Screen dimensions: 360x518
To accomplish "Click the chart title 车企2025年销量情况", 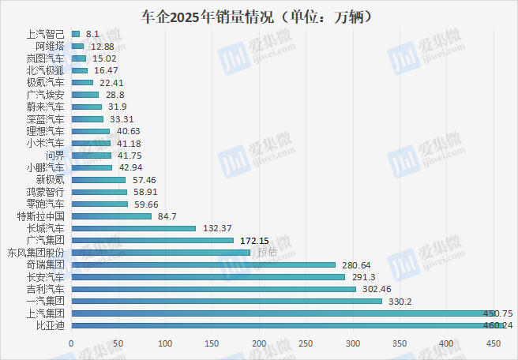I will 259,16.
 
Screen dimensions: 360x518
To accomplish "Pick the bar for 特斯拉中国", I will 111,216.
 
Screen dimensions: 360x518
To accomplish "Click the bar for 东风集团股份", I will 160,253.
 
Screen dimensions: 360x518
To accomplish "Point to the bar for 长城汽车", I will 133,228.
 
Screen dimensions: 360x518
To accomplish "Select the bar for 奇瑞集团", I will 203,264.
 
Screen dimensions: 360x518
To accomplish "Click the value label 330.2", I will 398,302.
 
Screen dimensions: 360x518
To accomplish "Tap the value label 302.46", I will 375,289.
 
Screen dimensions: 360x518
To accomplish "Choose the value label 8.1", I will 91,34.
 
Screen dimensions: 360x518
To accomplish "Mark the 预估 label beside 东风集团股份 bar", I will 267,253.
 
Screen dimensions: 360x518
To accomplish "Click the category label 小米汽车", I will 46,144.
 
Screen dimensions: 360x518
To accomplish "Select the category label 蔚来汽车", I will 46,107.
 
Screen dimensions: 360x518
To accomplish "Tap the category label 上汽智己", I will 46,34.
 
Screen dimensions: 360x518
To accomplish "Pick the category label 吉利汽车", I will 46,289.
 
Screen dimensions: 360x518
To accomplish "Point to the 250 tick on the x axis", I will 306,343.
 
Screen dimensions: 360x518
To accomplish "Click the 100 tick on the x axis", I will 165,343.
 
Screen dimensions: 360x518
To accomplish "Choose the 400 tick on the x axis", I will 446,343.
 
